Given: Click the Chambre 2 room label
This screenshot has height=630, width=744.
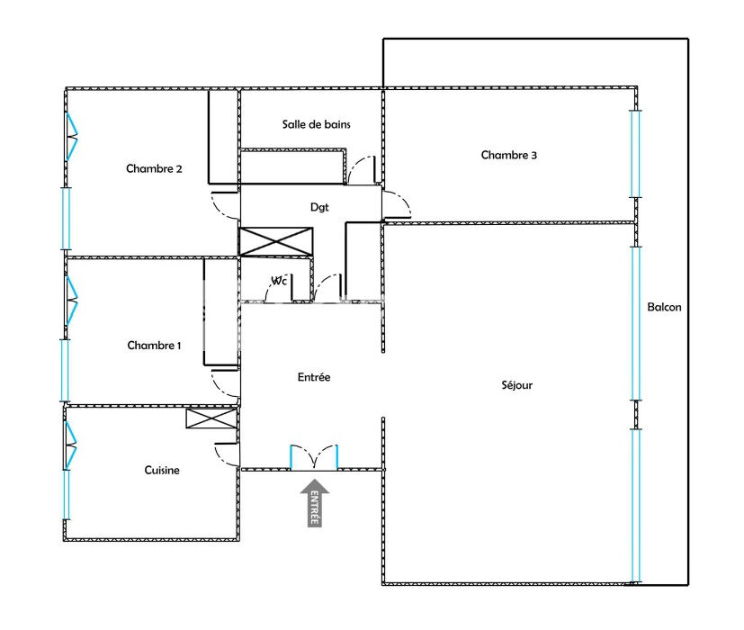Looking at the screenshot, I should click(155, 168).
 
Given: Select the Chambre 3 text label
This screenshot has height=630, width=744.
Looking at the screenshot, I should click(509, 155).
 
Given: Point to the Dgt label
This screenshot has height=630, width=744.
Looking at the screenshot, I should click(319, 207).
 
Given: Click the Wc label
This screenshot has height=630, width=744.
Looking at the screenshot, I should click(280, 281).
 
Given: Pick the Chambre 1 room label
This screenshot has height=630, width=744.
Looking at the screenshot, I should click(154, 346).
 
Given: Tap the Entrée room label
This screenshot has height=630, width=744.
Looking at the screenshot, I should click(314, 377).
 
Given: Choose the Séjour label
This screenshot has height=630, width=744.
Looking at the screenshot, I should click(517, 385).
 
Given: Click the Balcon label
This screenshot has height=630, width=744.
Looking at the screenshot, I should click(664, 307).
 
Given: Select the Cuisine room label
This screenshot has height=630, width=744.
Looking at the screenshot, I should click(162, 470).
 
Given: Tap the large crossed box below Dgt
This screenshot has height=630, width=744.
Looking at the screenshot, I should click(277, 241).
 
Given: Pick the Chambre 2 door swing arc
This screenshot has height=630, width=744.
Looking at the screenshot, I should click(221, 202).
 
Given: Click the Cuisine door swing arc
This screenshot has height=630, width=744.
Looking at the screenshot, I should click(225, 454).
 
